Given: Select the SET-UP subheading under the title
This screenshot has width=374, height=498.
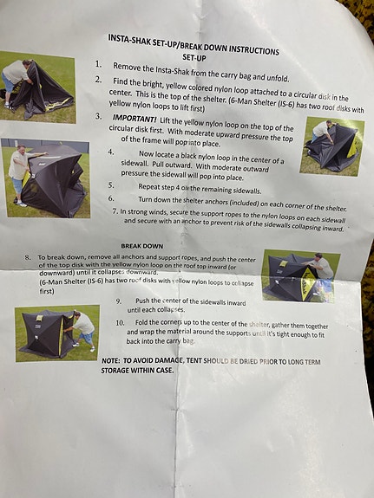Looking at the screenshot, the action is [x=194, y=58].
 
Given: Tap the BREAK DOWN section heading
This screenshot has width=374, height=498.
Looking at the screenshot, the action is [x=142, y=246].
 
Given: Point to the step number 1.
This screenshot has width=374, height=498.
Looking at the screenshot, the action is [x=98, y=64].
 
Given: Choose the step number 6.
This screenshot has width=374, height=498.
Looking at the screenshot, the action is [x=111, y=198].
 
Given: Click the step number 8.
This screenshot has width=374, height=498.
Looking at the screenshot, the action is [x=28, y=257].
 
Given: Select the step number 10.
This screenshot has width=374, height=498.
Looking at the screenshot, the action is [x=120, y=323].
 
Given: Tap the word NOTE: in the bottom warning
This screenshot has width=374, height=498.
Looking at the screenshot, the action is [x=111, y=361].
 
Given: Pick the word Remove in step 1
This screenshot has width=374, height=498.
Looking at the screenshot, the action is [x=127, y=67].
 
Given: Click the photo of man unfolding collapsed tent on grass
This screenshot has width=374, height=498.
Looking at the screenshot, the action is [x=37, y=87].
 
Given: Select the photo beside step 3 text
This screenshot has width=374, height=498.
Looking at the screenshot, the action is [x=332, y=146].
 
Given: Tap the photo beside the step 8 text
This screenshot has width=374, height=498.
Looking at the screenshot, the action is [x=301, y=275].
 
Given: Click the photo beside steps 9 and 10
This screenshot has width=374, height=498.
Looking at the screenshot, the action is [x=57, y=333].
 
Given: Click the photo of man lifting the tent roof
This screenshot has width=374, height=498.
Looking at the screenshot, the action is [x=45, y=178].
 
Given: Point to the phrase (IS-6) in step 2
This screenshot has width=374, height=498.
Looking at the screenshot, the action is [x=285, y=105].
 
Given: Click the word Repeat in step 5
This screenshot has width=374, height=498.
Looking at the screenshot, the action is [x=148, y=187].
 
